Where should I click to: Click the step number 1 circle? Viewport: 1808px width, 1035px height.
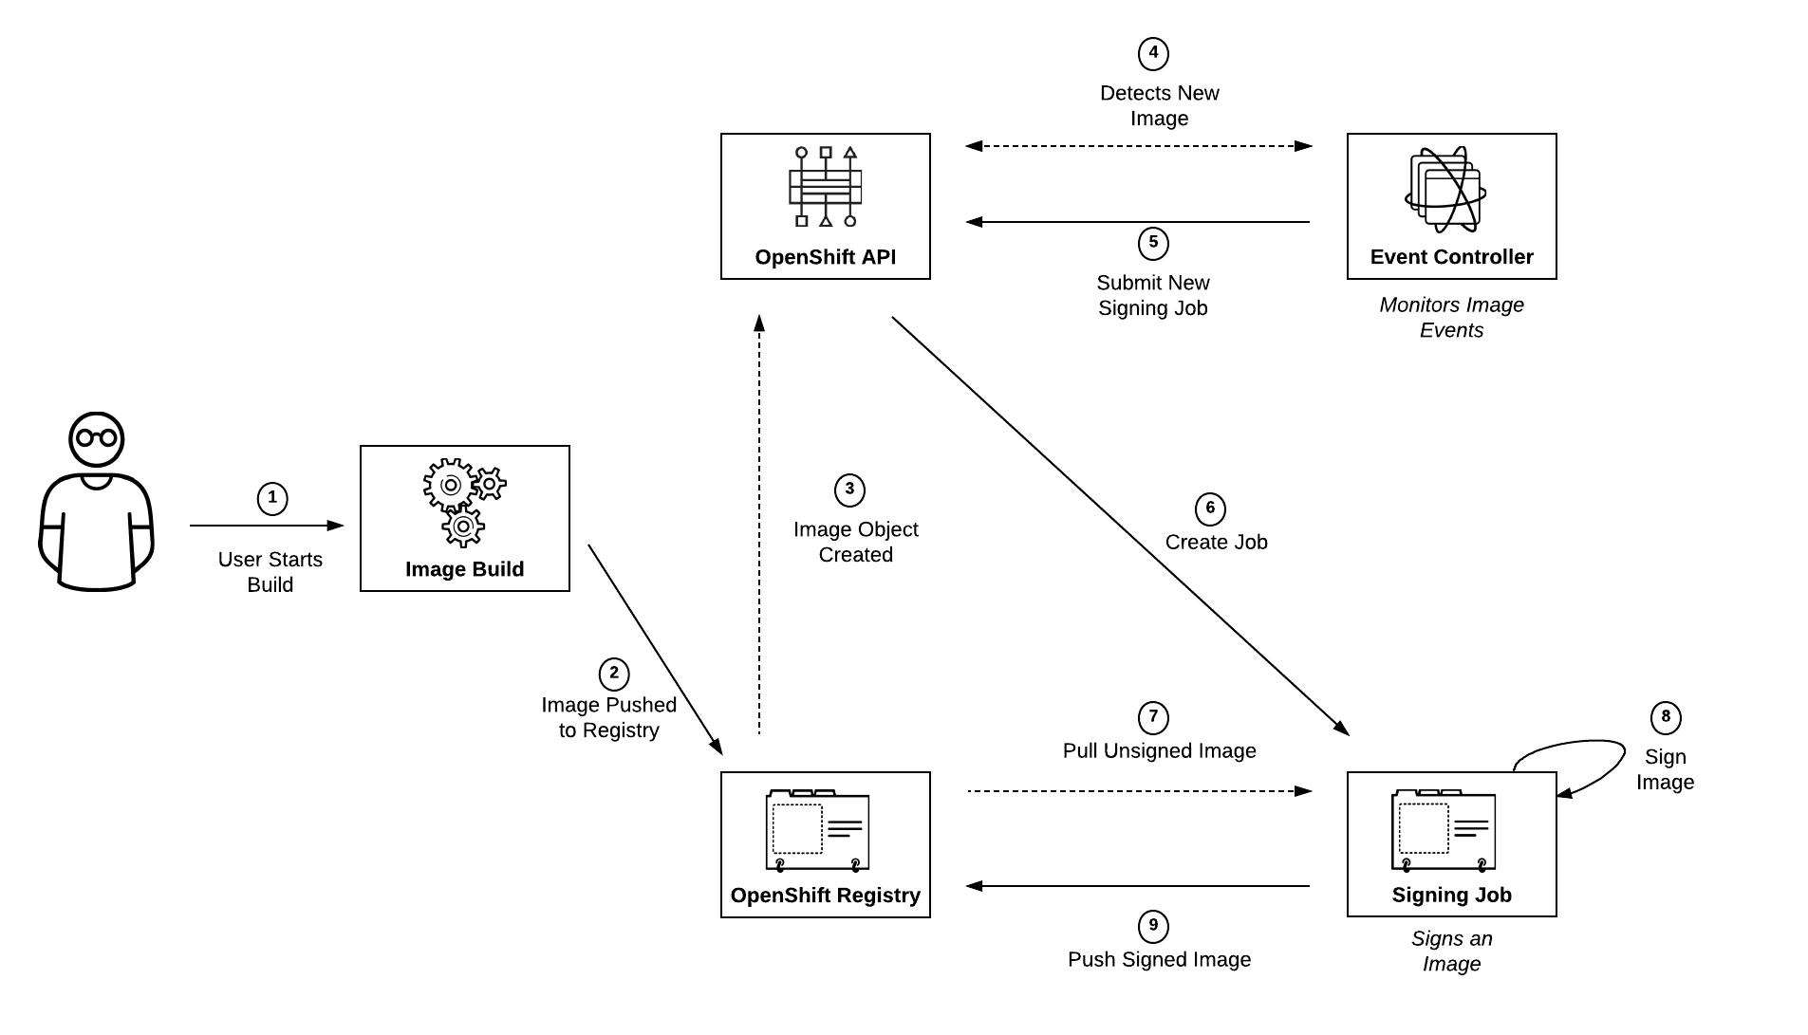point(272,498)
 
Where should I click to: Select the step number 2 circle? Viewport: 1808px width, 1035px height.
point(614,675)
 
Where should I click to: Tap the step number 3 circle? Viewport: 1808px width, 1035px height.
point(849,490)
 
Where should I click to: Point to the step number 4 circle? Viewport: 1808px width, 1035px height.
point(1153,54)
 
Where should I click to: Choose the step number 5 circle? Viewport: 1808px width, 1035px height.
point(1153,244)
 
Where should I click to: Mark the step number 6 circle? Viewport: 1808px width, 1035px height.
point(1210,509)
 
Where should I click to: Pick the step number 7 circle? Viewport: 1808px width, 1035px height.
point(1153,718)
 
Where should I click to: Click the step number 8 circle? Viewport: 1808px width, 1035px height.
point(1666,718)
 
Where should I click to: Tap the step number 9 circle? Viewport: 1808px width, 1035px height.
point(1153,927)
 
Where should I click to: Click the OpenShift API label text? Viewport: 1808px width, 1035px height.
point(825,257)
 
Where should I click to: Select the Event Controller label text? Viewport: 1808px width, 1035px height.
point(1451,257)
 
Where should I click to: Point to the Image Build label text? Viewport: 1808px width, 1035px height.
point(464,569)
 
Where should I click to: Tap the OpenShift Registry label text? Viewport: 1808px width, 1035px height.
point(825,896)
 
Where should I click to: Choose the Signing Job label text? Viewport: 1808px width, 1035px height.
point(1451,895)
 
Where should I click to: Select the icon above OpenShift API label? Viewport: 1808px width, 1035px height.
point(825,187)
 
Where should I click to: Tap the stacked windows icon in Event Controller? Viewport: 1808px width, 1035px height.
point(1445,190)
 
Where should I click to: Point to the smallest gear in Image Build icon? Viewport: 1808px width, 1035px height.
point(489,484)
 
